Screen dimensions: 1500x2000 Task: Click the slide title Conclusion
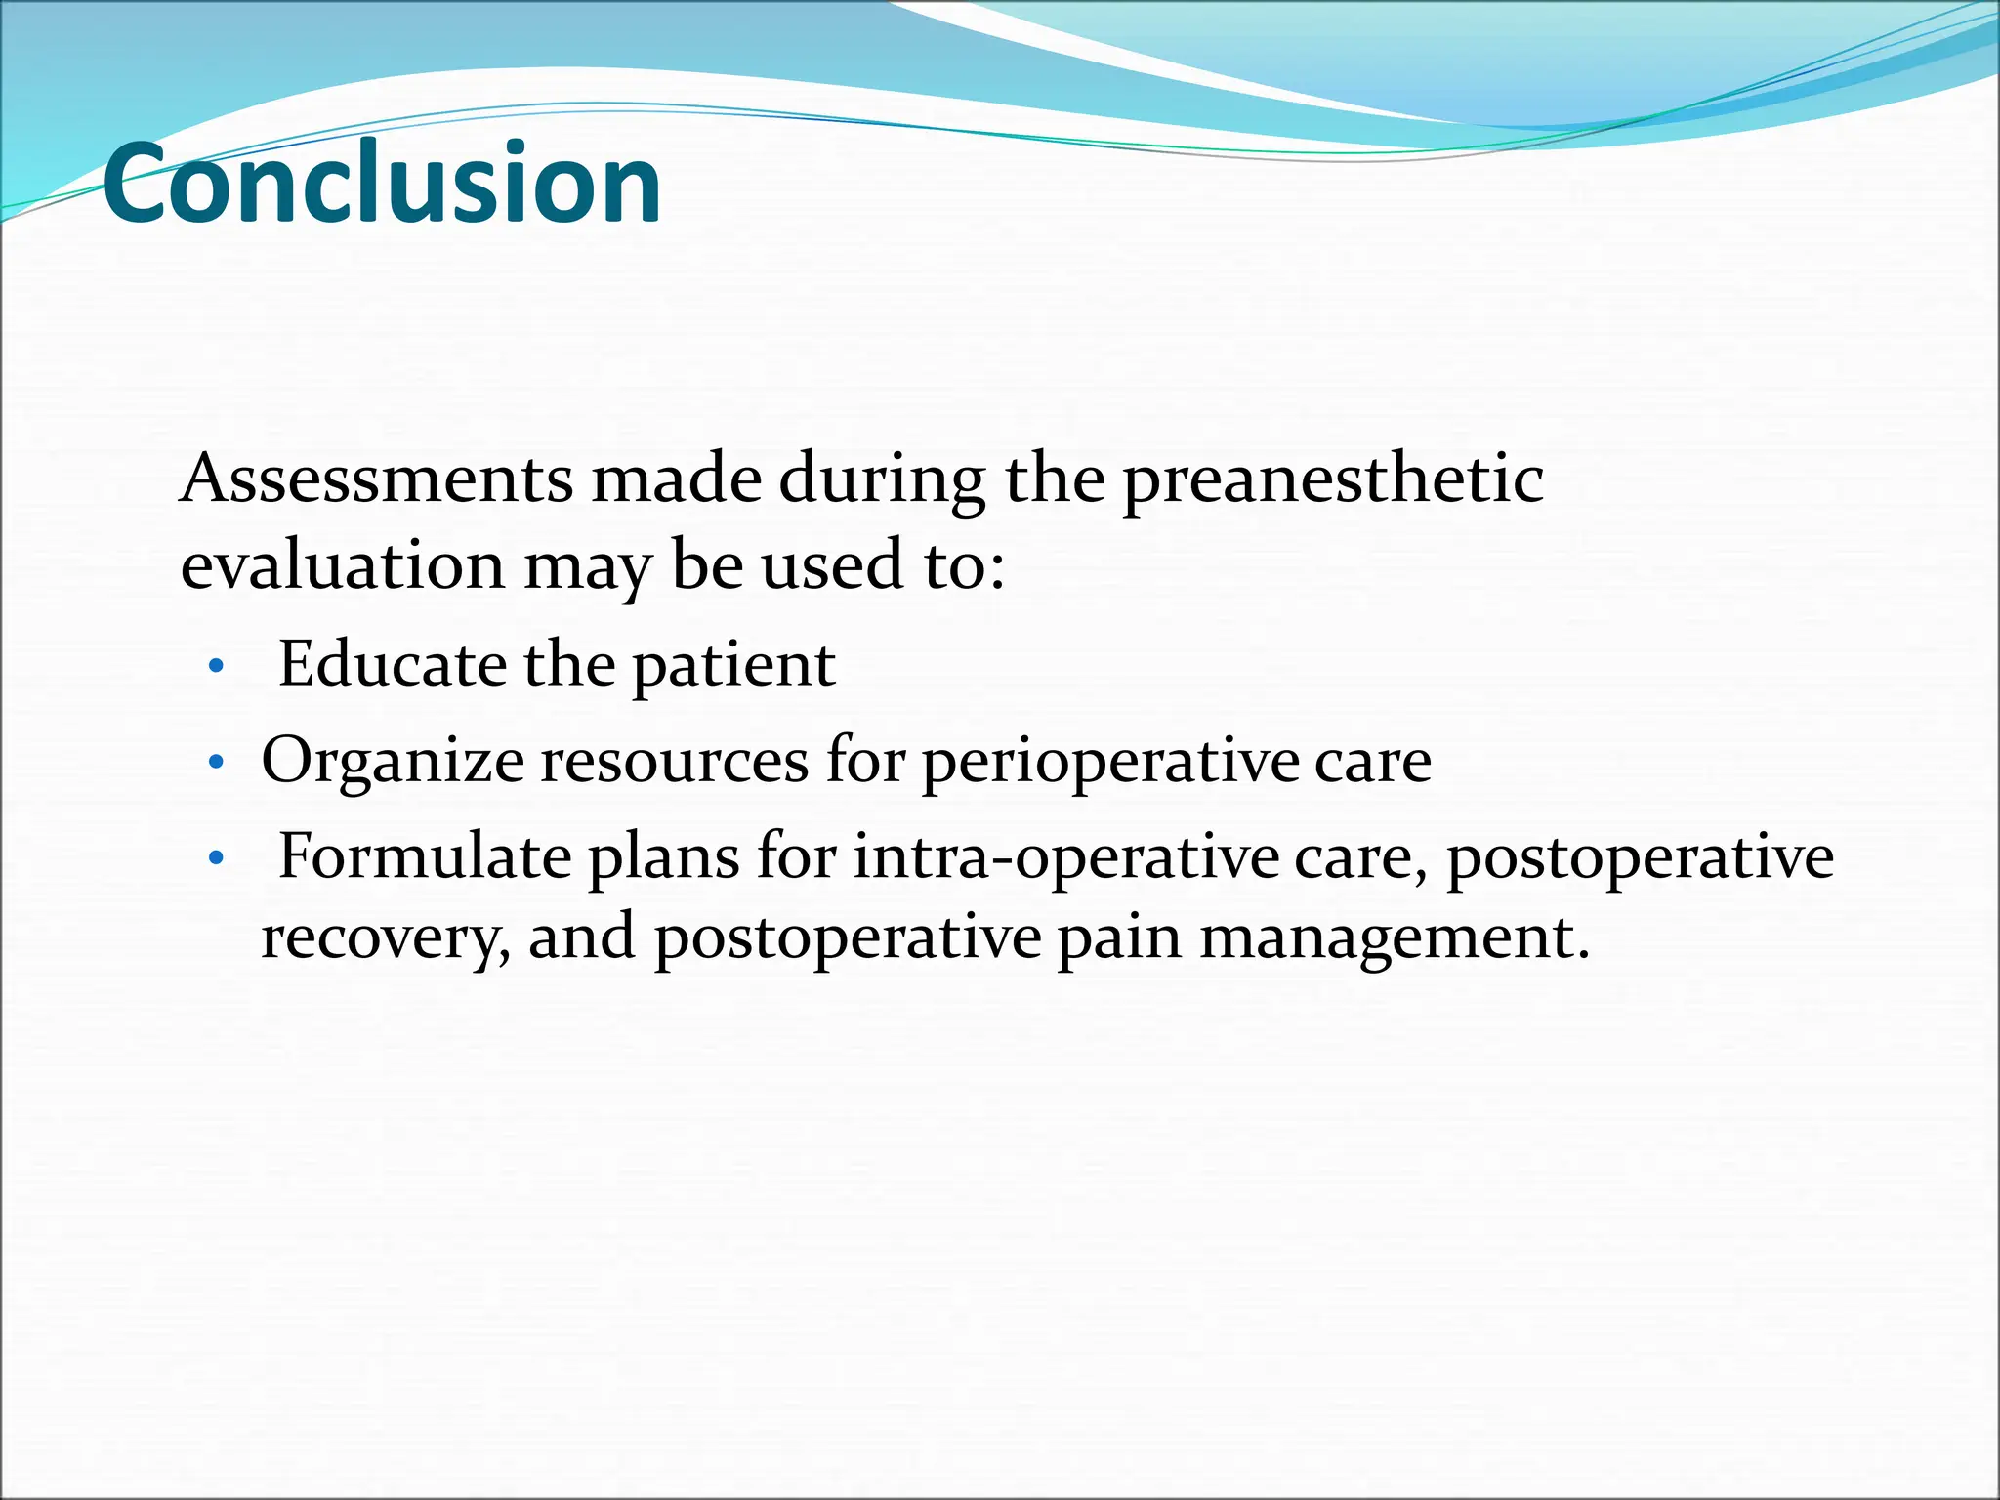(382, 184)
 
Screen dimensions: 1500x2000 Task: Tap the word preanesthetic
(1333, 480)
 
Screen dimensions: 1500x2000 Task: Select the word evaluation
(343, 565)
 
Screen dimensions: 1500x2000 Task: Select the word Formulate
(425, 857)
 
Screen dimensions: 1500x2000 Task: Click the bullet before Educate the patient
(217, 668)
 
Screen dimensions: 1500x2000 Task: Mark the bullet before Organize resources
(217, 762)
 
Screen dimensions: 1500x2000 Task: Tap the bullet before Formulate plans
(217, 859)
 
